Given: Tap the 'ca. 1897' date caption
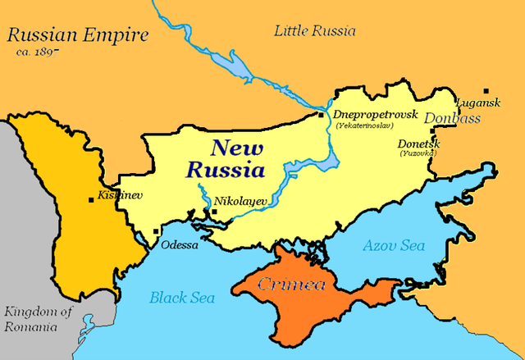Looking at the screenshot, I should tap(39, 52).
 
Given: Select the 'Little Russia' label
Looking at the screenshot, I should tap(315, 31).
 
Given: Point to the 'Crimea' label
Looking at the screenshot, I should tap(292, 285).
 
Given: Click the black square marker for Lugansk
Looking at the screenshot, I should tap(487, 90).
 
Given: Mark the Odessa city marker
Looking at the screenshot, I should tap(156, 232).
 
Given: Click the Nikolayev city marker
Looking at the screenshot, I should tap(214, 212).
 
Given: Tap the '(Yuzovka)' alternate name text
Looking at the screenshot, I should tap(418, 153).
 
